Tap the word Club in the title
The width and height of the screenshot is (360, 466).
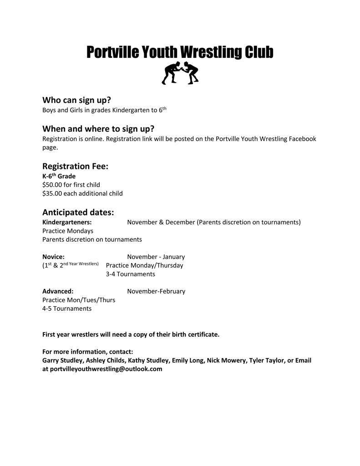259,52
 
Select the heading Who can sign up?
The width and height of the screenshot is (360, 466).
76,100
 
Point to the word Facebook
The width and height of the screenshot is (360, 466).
302,139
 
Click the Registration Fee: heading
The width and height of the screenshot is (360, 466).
75,167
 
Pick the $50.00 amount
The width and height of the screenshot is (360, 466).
52,185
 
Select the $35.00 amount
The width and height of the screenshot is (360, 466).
52,193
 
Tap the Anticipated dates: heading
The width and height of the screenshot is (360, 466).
78,213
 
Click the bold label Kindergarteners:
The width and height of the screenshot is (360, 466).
67,223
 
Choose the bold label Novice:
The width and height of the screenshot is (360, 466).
53,257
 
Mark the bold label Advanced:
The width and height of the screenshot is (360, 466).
58,291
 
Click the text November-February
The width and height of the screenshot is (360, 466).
156,291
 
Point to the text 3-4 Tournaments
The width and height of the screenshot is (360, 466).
130,274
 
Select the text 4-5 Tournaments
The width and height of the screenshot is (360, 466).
67,309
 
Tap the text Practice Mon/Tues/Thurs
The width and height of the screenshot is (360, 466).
79,300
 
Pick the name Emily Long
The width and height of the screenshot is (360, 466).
187,360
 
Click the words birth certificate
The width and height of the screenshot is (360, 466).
196,334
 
